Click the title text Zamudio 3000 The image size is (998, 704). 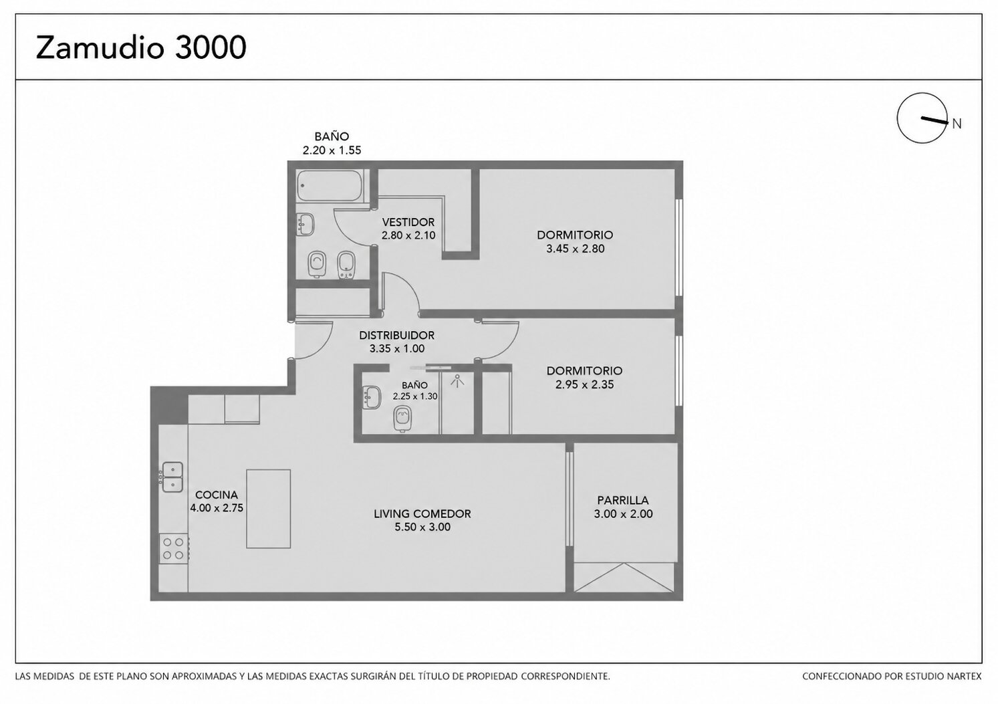pos(141,47)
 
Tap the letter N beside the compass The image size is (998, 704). pos(957,124)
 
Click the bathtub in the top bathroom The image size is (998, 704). pos(330,185)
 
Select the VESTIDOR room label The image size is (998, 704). pos(408,222)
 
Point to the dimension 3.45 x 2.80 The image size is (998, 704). pos(575,249)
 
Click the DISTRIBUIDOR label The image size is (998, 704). pos(396,335)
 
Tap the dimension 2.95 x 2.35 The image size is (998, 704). pos(584,384)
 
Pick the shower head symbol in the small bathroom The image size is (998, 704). pos(457,381)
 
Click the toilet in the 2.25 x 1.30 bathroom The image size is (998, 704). pos(403,419)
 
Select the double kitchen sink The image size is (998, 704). pos(172,477)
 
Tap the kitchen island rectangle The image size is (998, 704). pos(268,509)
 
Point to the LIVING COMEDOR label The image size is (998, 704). pos(422,513)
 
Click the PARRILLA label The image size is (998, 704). pos(623,500)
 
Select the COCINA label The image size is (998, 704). pos(217,495)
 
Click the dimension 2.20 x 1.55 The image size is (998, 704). pos(332,150)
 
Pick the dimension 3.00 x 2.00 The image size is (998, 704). pos(623,513)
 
